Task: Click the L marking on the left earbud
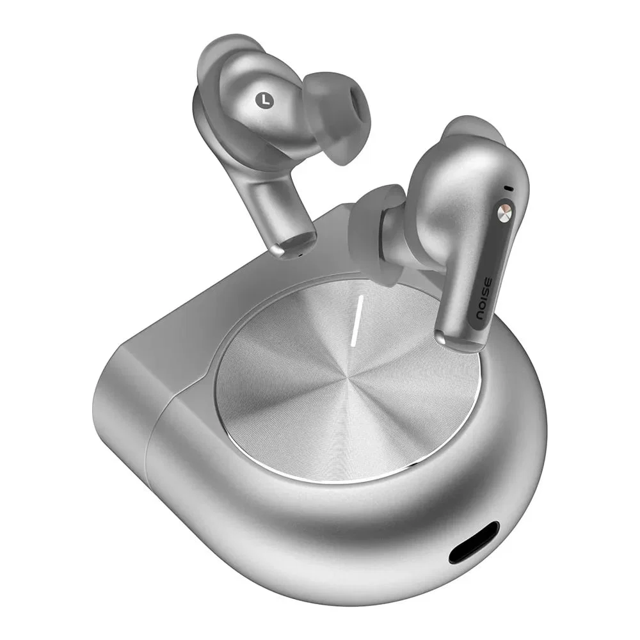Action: (x=264, y=100)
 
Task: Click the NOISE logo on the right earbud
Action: (x=486, y=299)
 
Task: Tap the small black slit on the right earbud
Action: (x=508, y=189)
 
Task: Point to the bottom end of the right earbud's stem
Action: (x=459, y=341)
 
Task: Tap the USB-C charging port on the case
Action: (x=474, y=543)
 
